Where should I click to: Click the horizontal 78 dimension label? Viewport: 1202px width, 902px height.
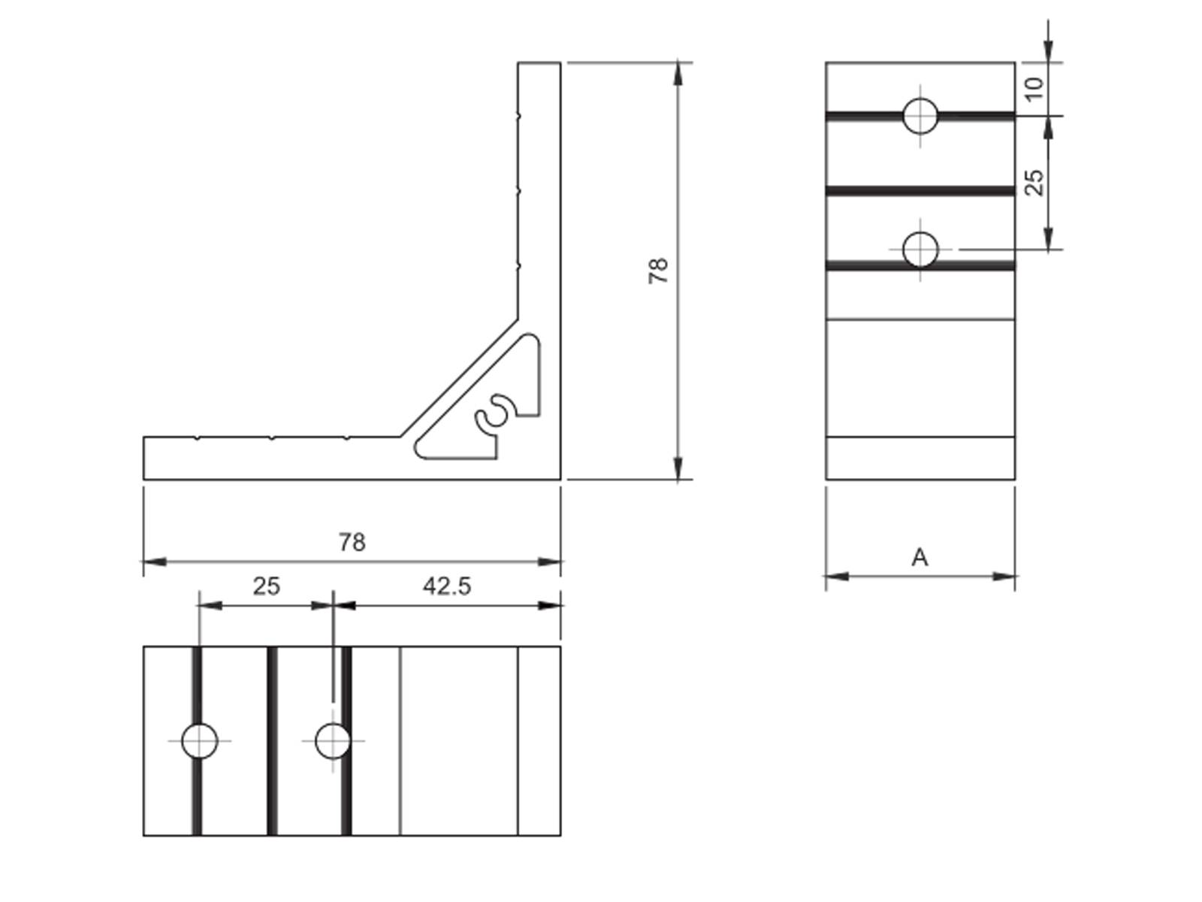352,542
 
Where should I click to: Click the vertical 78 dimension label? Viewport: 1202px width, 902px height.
658,271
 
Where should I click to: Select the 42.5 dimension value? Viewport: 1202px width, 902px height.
447,586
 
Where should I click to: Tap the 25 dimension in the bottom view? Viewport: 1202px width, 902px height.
266,586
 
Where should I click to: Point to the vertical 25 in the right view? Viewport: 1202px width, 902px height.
1035,182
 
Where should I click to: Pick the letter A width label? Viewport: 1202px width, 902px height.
920,558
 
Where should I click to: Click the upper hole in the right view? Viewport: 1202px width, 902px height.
920,116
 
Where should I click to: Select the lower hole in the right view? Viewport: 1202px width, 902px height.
920,250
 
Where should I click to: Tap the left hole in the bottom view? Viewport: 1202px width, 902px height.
200,740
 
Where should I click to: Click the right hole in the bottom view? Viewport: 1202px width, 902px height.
332,740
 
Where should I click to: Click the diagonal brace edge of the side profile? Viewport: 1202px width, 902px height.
458,380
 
